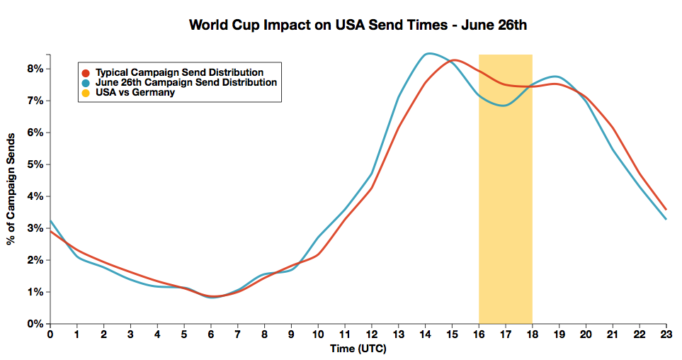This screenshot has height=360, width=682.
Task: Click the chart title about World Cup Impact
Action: point(358,26)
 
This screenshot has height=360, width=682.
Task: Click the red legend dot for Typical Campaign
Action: point(86,72)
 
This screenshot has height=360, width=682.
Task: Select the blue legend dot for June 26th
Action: point(86,83)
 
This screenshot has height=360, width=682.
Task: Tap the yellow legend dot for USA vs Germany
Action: point(86,93)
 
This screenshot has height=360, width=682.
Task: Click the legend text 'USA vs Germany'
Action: point(135,93)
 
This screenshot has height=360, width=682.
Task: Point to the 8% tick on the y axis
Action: point(35,69)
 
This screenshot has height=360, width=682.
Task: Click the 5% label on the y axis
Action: point(35,164)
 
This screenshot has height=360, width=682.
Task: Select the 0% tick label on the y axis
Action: point(35,324)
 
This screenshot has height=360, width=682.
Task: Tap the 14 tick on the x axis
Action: point(425,334)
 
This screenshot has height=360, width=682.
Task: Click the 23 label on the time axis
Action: point(666,334)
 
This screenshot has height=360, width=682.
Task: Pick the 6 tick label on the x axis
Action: point(211,334)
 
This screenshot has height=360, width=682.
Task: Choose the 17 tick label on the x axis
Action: point(505,334)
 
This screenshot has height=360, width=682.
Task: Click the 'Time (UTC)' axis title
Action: point(358,349)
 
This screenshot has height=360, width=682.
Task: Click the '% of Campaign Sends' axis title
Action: point(12,189)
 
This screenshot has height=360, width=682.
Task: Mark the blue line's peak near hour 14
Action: point(428,53)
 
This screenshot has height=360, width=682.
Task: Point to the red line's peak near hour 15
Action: point(454,60)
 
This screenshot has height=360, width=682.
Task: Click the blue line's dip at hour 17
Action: point(504,106)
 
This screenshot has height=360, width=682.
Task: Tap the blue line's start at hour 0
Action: point(50,220)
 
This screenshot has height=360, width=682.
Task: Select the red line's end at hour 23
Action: point(666,209)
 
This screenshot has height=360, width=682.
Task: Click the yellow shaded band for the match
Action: point(505,213)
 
